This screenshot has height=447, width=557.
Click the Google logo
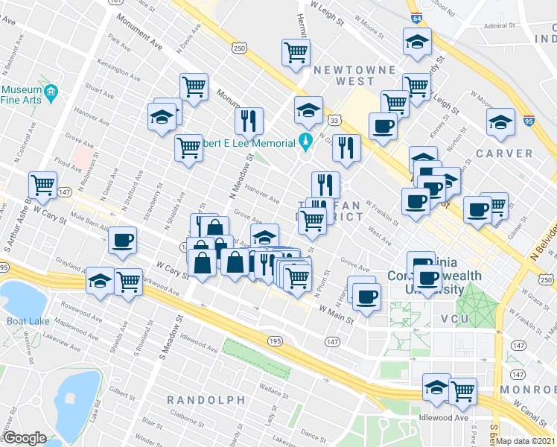point(25,438)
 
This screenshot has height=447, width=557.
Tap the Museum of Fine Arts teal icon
point(51,92)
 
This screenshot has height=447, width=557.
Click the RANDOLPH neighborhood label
point(206,400)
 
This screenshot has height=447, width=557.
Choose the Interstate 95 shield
point(528,120)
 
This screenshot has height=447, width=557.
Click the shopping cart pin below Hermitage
point(296,52)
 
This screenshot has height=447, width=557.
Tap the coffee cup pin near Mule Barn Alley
point(122,240)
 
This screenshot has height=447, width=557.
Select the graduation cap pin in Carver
point(500,121)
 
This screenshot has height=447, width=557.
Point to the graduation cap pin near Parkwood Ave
point(101,280)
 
